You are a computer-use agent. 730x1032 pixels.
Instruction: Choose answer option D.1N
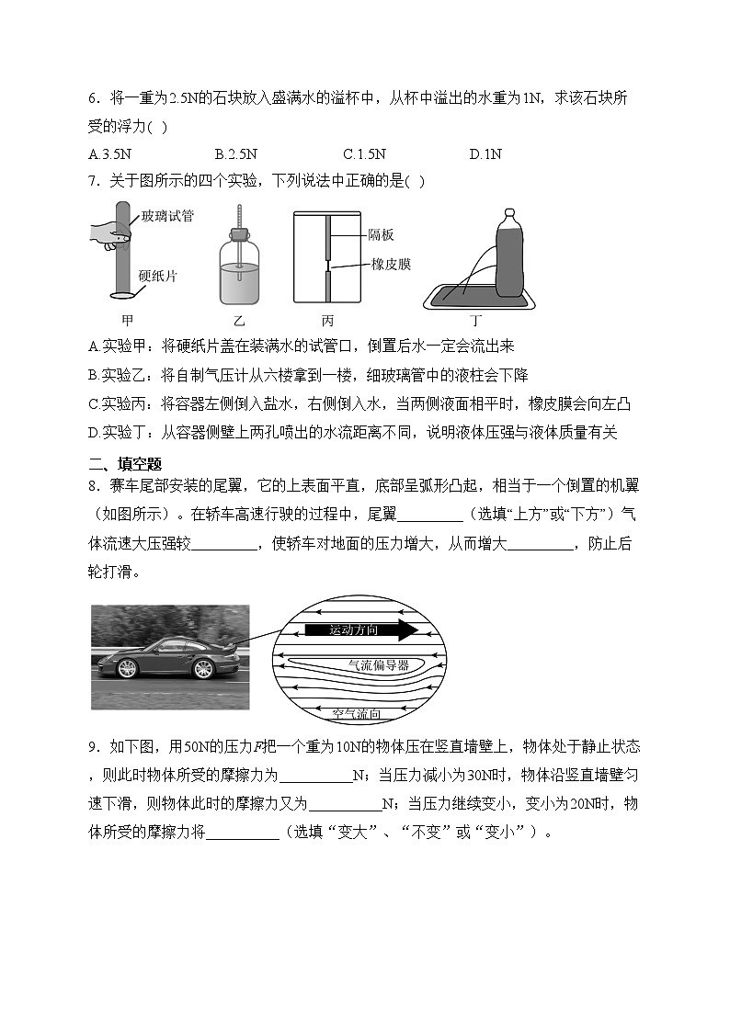pos(485,154)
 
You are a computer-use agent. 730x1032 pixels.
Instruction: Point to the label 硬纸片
pos(159,275)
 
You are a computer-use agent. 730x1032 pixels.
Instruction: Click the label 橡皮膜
pos(391,264)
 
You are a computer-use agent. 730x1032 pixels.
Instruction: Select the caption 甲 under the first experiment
pos(128,321)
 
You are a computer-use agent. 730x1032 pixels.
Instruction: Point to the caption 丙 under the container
pos(327,321)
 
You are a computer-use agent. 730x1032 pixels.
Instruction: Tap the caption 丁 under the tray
pos(475,321)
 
